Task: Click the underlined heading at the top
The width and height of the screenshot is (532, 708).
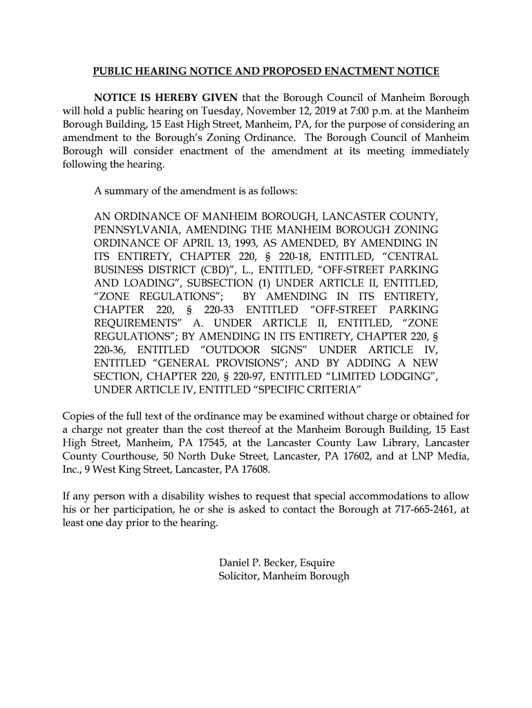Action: click(x=266, y=71)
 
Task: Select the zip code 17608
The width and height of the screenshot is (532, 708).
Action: click(x=252, y=469)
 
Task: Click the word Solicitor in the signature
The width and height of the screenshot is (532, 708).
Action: click(x=240, y=576)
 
